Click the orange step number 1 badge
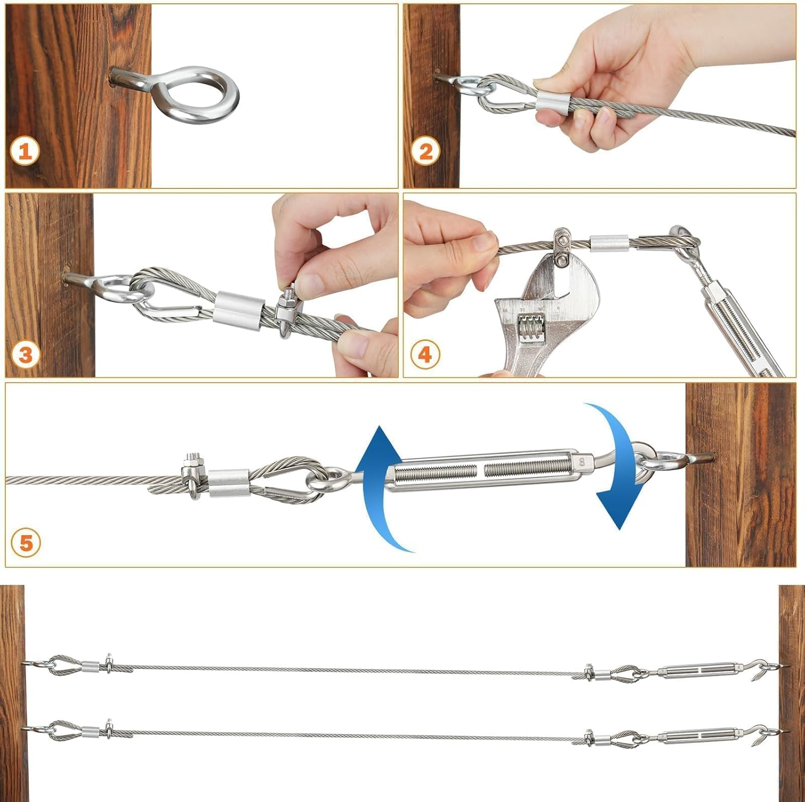tap(25, 151)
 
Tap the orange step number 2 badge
tap(426, 151)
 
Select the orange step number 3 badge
tap(25, 355)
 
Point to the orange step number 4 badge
tap(425, 355)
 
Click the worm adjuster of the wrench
tap(531, 328)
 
